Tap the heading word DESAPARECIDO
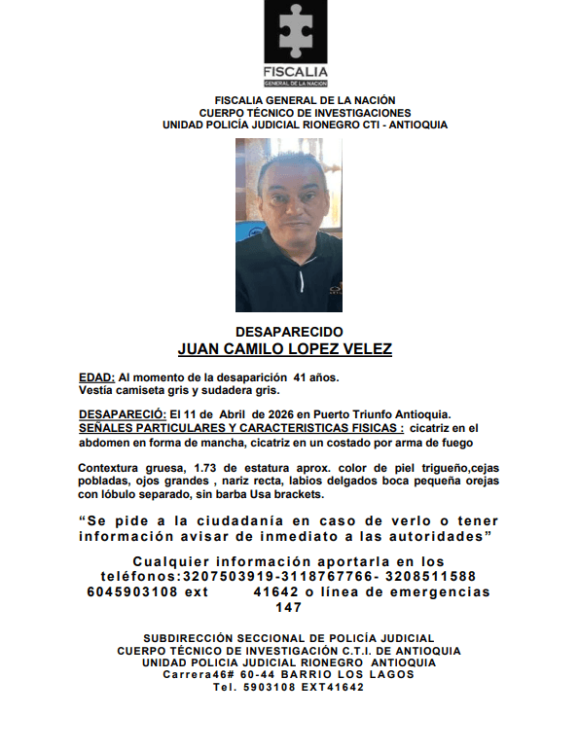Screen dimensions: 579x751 click(289, 332)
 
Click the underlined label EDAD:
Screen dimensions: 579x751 click(96, 376)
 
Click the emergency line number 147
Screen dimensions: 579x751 click(289, 607)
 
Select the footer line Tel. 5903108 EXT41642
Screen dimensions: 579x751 click(289, 687)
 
